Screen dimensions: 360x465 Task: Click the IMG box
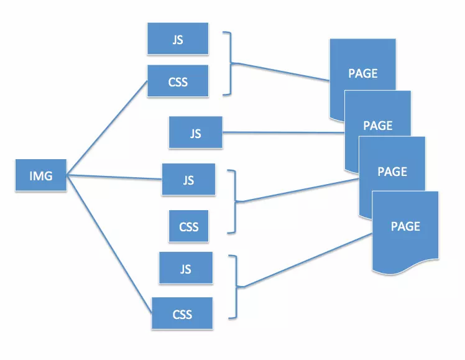click(x=40, y=175)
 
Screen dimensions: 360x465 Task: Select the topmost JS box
click(x=177, y=39)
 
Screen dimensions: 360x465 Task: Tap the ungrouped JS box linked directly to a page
click(x=195, y=132)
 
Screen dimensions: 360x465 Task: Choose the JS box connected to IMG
click(x=188, y=179)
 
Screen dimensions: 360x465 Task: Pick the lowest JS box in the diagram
click(x=185, y=269)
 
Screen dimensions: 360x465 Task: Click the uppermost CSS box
click(x=177, y=81)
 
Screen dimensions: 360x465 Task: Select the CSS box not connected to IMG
click(x=188, y=226)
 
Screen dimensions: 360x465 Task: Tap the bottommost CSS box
click(x=182, y=313)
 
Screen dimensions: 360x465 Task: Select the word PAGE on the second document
click(x=378, y=126)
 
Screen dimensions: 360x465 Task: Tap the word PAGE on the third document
click(x=392, y=171)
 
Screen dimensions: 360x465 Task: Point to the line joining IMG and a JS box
click(x=115, y=177)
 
